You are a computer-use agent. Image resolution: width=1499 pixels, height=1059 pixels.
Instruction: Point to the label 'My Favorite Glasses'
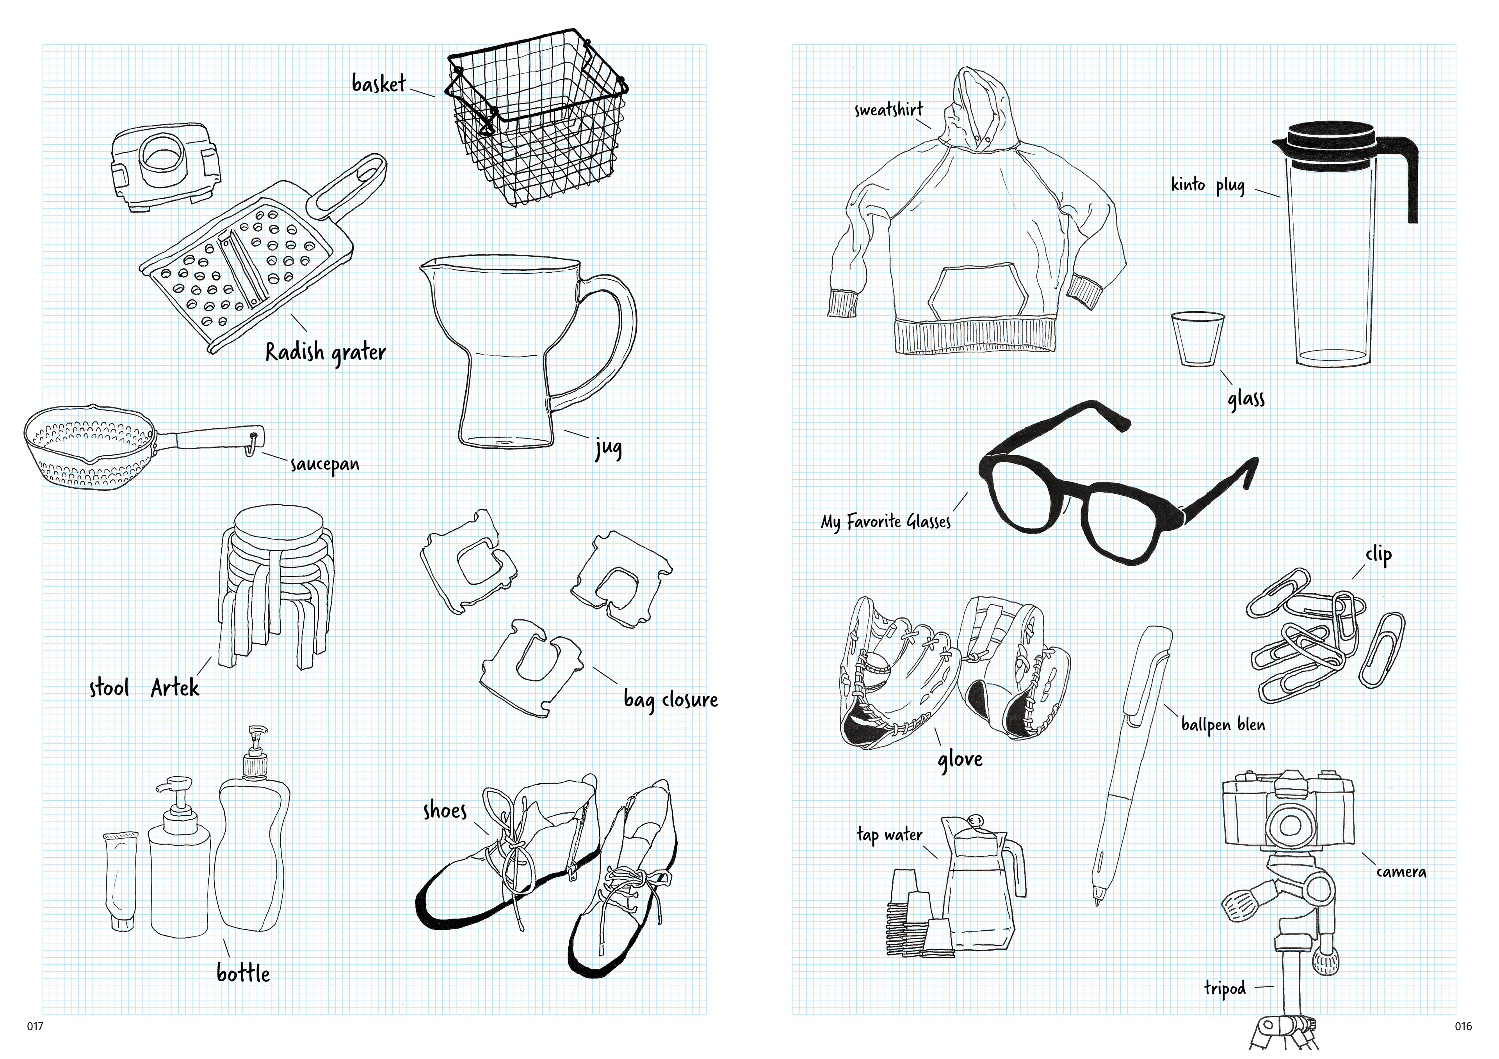pos(886,522)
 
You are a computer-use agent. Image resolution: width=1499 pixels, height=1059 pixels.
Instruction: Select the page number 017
pos(35,1026)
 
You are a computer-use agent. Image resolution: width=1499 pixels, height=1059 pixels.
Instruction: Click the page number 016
pos(1463,1026)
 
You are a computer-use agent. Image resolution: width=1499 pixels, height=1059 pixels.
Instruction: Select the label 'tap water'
pos(889,835)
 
